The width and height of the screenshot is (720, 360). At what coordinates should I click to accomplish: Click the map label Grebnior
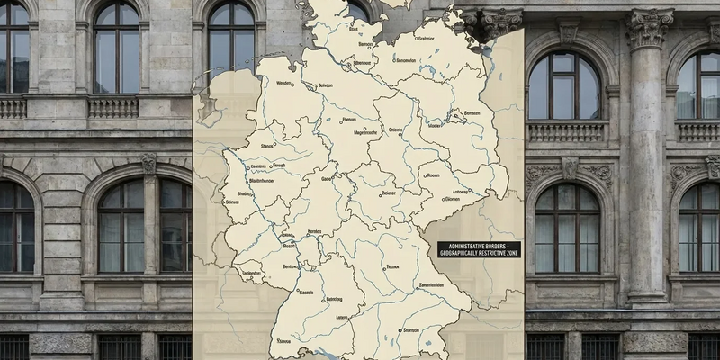click(427, 39)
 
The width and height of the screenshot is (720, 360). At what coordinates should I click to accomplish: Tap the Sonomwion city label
click(405, 61)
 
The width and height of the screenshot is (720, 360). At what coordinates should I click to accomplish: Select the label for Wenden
click(284, 84)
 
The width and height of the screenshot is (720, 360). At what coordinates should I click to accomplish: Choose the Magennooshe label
click(366, 132)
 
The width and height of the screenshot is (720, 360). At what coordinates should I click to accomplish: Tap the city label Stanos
click(266, 146)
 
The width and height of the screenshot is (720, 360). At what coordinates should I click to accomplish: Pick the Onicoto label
click(396, 130)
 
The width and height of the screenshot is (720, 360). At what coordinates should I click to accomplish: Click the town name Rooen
click(433, 175)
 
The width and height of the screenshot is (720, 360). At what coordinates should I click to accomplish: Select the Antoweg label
click(460, 192)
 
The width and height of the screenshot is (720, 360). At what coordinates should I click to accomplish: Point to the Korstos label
click(315, 232)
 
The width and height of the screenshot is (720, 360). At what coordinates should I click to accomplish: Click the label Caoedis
click(307, 292)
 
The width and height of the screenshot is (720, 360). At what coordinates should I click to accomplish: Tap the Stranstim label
click(411, 330)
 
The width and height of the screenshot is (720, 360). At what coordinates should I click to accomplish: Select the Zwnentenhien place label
click(431, 285)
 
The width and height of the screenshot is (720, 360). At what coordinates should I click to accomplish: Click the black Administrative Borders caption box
click(479, 249)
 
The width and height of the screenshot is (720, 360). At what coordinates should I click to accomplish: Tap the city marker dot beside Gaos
click(332, 179)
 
